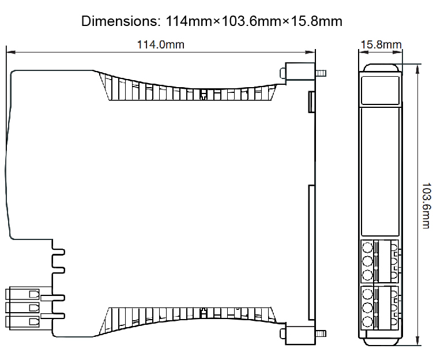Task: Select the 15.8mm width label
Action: coord(381,45)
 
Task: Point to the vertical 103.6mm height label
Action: coord(426,205)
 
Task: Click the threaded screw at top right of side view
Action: coord(321,74)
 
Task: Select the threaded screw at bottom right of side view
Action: coord(321,333)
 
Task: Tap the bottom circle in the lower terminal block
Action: coord(367,322)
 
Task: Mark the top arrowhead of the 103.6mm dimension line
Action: coord(417,66)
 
